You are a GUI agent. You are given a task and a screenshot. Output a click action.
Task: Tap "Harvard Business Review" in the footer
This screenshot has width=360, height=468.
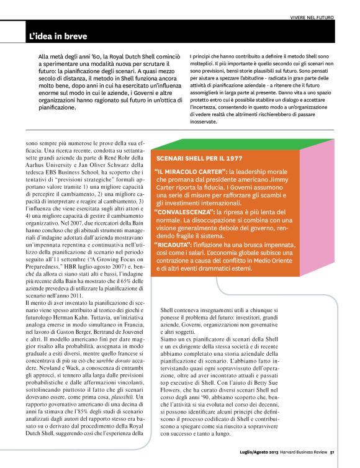pos(305,460)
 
